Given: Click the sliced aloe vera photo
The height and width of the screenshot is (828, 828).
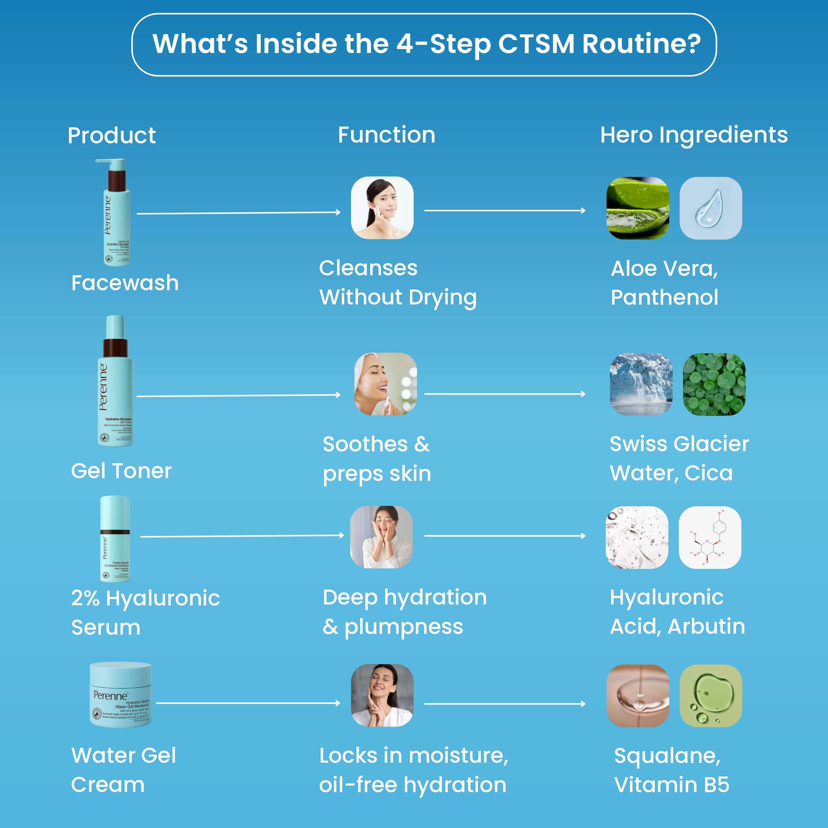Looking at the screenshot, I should click(637, 208).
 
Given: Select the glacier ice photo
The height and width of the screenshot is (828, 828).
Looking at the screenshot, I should click(641, 384).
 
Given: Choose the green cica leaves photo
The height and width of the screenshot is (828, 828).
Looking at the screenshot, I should click(714, 384).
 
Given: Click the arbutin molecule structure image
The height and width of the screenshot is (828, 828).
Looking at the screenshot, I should click(710, 538).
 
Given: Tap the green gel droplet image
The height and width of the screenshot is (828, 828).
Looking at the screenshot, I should click(710, 696).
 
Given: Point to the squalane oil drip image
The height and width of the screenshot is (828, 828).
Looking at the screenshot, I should click(638, 696).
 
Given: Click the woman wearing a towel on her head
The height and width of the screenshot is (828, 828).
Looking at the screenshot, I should click(385, 384).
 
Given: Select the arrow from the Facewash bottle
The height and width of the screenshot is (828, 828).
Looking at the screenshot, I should click(238, 212).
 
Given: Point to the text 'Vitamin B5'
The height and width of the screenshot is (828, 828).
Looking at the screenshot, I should click(671, 785).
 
